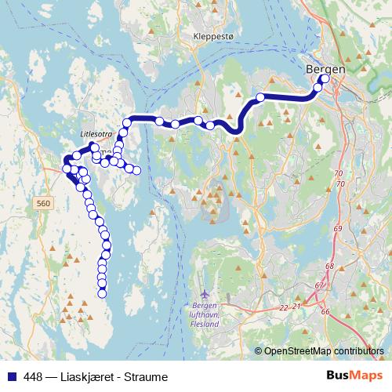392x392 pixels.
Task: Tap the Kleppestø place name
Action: click(x=214, y=36)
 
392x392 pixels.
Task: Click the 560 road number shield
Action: click(x=45, y=203)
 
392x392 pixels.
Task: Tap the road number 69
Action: click(x=338, y=228)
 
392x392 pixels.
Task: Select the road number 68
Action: click(x=329, y=267)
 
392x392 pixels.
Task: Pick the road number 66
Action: click(x=325, y=311)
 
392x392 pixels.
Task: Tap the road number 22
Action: click(x=282, y=307)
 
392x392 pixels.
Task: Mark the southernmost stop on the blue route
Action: click(x=102, y=293)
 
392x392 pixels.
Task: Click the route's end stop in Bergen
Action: click(x=325, y=78)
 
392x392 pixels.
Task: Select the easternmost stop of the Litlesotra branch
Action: click(x=137, y=170)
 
